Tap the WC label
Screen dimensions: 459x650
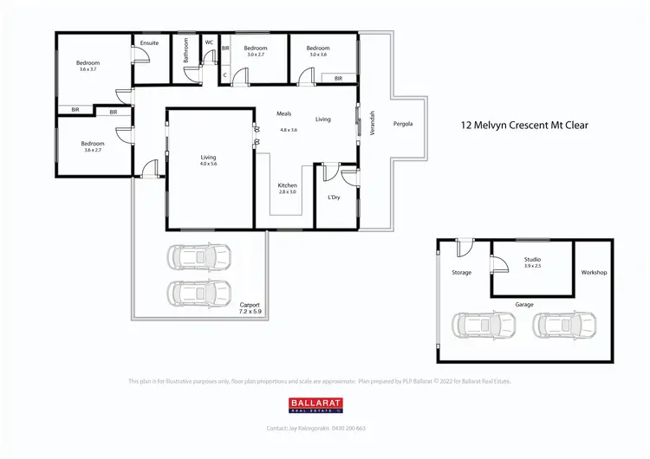tap(209, 42)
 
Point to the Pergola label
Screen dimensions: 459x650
tap(403, 123)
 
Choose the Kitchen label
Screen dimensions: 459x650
tap(288, 185)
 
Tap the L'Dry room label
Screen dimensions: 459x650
tap(334, 197)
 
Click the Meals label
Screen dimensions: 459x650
tap(284, 113)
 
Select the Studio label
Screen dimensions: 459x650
tap(533, 258)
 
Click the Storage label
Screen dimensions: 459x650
tap(462, 273)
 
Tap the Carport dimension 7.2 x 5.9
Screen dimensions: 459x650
tap(250, 310)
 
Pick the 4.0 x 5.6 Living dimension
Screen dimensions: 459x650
tap(208, 164)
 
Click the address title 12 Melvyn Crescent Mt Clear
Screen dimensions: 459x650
tap(524, 126)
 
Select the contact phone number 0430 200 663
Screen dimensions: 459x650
tap(348, 429)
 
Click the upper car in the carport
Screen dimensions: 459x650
tap(200, 256)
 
